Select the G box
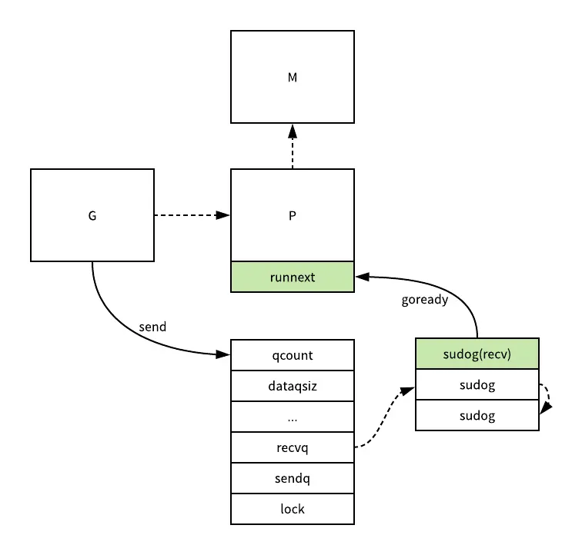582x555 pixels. [92, 215]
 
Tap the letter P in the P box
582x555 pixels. [293, 215]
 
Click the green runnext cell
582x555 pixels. [293, 277]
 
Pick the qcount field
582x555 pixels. [293, 355]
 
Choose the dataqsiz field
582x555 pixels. [293, 386]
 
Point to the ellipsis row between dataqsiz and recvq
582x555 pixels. [293, 417]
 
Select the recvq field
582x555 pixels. [293, 447]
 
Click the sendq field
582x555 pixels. [293, 478]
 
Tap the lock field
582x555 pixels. [293, 509]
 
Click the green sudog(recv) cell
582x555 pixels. [477, 354]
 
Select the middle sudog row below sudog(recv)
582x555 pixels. [477, 384]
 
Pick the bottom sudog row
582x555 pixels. [477, 415]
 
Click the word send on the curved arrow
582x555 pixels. [152, 327]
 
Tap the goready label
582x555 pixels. [424, 300]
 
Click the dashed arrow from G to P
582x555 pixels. [192, 215]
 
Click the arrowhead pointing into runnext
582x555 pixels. [360, 274]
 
